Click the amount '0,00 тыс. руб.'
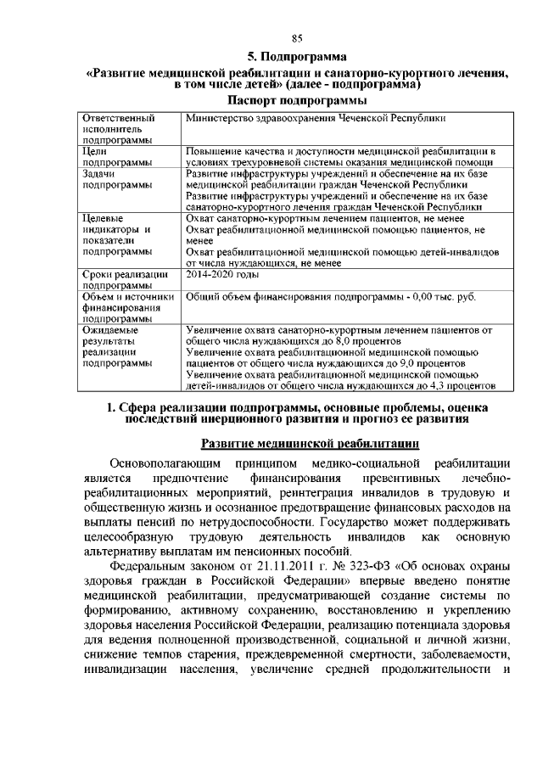pyautogui.click(x=443, y=297)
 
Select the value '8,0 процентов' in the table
pyautogui.click(x=334, y=340)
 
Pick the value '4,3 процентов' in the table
pyautogui.click(x=462, y=384)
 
